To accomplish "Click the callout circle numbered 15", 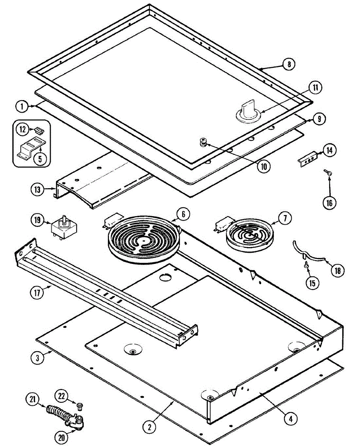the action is click(x=312, y=283).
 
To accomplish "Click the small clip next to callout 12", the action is click(x=38, y=130).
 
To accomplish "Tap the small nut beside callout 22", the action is click(x=79, y=405).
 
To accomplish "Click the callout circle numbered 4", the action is click(x=290, y=419).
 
